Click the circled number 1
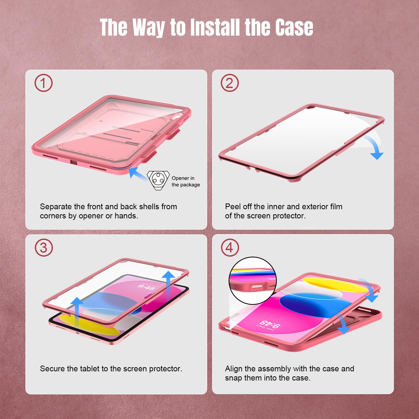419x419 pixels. (43, 83)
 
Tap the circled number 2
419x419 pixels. (230, 83)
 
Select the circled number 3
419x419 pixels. (44, 248)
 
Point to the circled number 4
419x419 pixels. (230, 248)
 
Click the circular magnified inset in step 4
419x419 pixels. (252, 280)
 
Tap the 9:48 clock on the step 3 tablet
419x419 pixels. (147, 287)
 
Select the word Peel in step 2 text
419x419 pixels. (233, 207)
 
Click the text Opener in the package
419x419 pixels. (186, 181)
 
